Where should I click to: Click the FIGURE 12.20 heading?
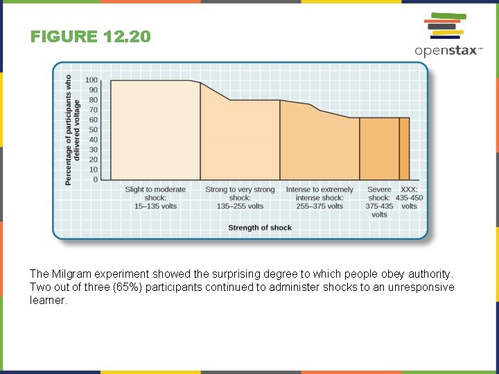(90, 37)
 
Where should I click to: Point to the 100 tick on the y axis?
(91, 80)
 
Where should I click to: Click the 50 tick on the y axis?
(93, 130)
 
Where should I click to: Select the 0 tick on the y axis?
(96, 180)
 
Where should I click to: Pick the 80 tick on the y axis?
(93, 100)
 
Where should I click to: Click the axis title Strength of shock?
(260, 227)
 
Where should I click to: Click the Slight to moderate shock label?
(155, 197)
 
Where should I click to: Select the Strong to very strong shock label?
(240, 197)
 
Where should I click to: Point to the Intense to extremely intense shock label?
(319, 197)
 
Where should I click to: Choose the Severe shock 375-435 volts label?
(379, 202)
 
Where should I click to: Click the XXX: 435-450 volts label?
(410, 197)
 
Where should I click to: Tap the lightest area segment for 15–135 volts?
(155, 132)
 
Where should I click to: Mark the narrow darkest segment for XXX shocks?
(404, 150)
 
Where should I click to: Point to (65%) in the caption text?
(128, 287)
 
